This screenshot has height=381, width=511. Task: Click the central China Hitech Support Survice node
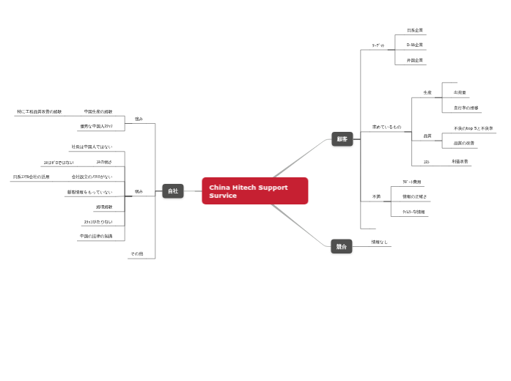tap(254, 191)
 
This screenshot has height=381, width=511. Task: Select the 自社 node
tap(173, 191)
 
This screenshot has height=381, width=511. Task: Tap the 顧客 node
tap(342, 139)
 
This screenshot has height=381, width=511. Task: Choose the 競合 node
tap(342, 247)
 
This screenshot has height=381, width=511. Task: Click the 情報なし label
tap(379, 242)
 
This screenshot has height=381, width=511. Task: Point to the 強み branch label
tap(139, 119)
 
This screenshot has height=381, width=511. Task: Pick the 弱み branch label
tap(139, 192)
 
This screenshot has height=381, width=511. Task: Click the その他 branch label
tap(136, 254)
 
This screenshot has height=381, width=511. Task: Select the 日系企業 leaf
tap(415, 31)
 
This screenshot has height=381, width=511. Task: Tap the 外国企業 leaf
tap(415, 60)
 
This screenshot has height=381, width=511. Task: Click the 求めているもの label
tap(386, 127)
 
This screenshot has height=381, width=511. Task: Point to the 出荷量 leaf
tap(460, 93)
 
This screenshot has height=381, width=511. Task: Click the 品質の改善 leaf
tap(463, 144)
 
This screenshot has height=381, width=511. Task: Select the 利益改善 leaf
tap(460, 161)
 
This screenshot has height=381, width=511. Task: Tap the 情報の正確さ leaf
tap(415, 197)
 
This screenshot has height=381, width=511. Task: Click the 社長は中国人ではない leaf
tap(92, 147)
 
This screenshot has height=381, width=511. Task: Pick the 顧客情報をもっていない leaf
tap(89, 193)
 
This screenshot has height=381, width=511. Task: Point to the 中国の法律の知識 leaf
tap(96, 237)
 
